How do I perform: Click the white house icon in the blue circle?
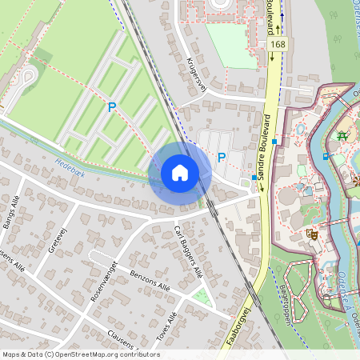pos(180,173)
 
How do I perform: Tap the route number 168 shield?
pos(277,46)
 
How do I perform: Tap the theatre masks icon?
pos(313,234)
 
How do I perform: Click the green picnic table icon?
pos(342,136)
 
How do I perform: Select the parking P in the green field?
pos(113,106)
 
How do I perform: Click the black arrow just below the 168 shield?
pos(272,56)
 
